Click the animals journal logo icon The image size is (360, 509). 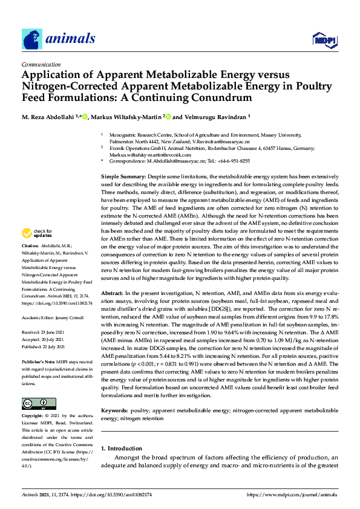tap(32, 39)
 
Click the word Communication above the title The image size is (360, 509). tap(41, 64)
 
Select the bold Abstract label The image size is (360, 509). tap(113, 292)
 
